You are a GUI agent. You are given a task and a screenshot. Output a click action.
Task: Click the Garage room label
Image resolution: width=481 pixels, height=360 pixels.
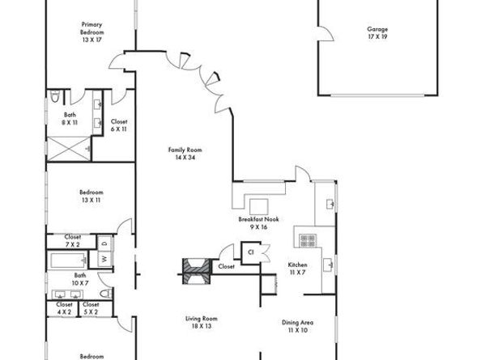tap(377, 32)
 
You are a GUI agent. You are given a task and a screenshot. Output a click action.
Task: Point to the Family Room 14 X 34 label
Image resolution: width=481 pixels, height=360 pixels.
tap(184, 153)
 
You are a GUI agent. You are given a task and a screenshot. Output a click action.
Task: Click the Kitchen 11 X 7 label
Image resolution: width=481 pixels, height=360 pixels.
tap(298, 269)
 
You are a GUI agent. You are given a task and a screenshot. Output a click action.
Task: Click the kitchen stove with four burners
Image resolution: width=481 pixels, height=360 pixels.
tap(308, 240)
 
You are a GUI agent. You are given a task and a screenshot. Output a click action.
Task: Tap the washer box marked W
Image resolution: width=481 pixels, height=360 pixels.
tap(104, 260)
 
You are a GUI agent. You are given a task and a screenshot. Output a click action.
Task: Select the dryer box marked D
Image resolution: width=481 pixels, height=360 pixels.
tap(104, 242)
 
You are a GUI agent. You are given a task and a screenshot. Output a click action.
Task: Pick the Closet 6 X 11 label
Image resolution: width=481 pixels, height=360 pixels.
tap(119, 125)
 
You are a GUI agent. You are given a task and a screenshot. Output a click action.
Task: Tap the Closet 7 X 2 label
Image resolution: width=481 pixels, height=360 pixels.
tap(72, 240)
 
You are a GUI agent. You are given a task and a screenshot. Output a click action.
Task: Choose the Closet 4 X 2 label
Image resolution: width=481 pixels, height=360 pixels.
tap(64, 308)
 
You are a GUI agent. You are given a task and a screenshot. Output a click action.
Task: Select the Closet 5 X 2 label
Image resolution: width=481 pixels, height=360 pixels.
tap(92, 308)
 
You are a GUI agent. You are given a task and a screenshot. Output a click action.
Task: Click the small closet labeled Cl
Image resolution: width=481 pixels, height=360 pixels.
tap(251, 252)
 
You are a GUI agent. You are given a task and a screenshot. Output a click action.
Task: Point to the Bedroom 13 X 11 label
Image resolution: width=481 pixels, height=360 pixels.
tap(91, 196)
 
